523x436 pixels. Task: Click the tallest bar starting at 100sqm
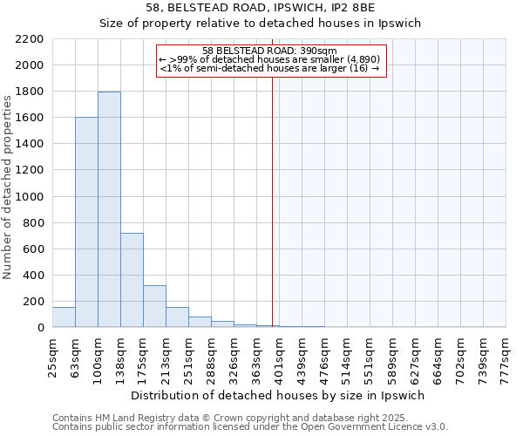(x=109, y=209)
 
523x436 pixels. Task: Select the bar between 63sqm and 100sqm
(x=86, y=222)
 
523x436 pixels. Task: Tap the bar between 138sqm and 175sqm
(x=132, y=280)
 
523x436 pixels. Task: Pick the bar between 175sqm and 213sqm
(x=154, y=306)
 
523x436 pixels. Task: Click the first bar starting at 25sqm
(x=64, y=317)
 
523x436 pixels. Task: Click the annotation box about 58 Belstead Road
(x=270, y=61)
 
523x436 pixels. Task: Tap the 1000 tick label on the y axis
(x=31, y=197)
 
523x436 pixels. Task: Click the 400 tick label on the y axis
(x=34, y=276)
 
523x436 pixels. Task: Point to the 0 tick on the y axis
(x=40, y=328)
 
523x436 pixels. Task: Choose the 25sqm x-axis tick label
(x=52, y=352)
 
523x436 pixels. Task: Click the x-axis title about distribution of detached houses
(x=278, y=395)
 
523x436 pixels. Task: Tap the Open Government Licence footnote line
(x=250, y=427)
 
